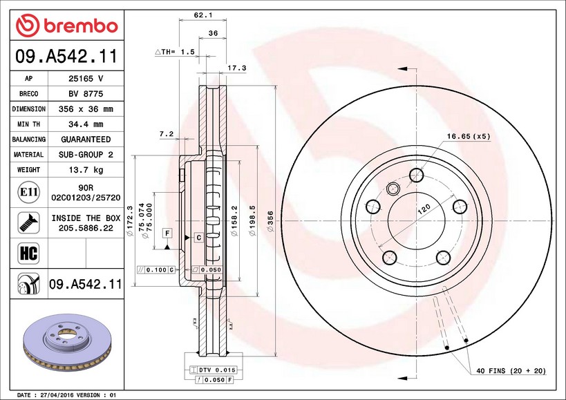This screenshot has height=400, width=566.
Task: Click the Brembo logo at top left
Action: [67, 26]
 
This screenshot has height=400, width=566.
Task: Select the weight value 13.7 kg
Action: [86, 169]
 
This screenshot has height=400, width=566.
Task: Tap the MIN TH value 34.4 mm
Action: [86, 124]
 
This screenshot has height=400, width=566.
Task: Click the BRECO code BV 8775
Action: [86, 94]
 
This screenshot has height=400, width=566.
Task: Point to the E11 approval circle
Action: [28, 192]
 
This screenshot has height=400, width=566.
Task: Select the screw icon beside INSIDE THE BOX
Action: [28, 222]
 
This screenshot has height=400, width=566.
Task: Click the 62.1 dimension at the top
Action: [203, 15]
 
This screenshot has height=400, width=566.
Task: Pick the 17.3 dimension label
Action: [237, 68]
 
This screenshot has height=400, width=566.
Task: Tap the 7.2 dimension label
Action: [167, 134]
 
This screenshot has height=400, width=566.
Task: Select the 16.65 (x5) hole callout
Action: [469, 136]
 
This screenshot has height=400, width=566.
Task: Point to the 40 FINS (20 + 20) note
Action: [511, 370]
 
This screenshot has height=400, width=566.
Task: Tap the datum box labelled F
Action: [167, 233]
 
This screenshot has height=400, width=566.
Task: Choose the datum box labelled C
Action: [199, 238]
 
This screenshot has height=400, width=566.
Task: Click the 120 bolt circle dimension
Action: [424, 209]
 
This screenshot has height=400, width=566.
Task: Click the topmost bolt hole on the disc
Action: [416, 175]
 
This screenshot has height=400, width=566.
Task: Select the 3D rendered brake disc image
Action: [67, 343]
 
